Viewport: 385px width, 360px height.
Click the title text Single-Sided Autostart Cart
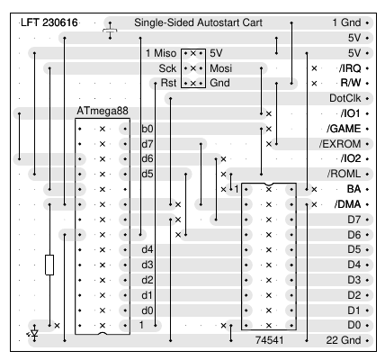[198, 22]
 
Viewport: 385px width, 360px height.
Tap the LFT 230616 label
[49, 22]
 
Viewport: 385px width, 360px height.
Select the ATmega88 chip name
[103, 111]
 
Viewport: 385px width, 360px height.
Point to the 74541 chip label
[269, 340]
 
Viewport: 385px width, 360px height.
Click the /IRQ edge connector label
[350, 68]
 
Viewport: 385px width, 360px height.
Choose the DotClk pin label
[345, 98]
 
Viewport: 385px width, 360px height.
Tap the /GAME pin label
[344, 129]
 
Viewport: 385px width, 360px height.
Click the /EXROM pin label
[340, 144]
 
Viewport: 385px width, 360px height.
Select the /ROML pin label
[344, 174]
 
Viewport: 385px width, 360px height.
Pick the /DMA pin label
[347, 204]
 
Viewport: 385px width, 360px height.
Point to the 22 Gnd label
[344, 340]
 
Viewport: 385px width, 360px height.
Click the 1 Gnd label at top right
[346, 22]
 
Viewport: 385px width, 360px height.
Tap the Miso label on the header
[165, 53]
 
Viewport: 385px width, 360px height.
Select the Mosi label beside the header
[221, 68]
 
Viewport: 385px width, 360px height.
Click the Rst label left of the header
[168, 83]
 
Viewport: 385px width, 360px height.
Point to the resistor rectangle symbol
[49, 265]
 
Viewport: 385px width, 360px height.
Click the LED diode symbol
[34, 334]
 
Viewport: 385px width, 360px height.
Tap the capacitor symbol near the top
[110, 31]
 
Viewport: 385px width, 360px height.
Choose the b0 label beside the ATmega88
[148, 129]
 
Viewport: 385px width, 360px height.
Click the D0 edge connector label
[354, 325]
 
